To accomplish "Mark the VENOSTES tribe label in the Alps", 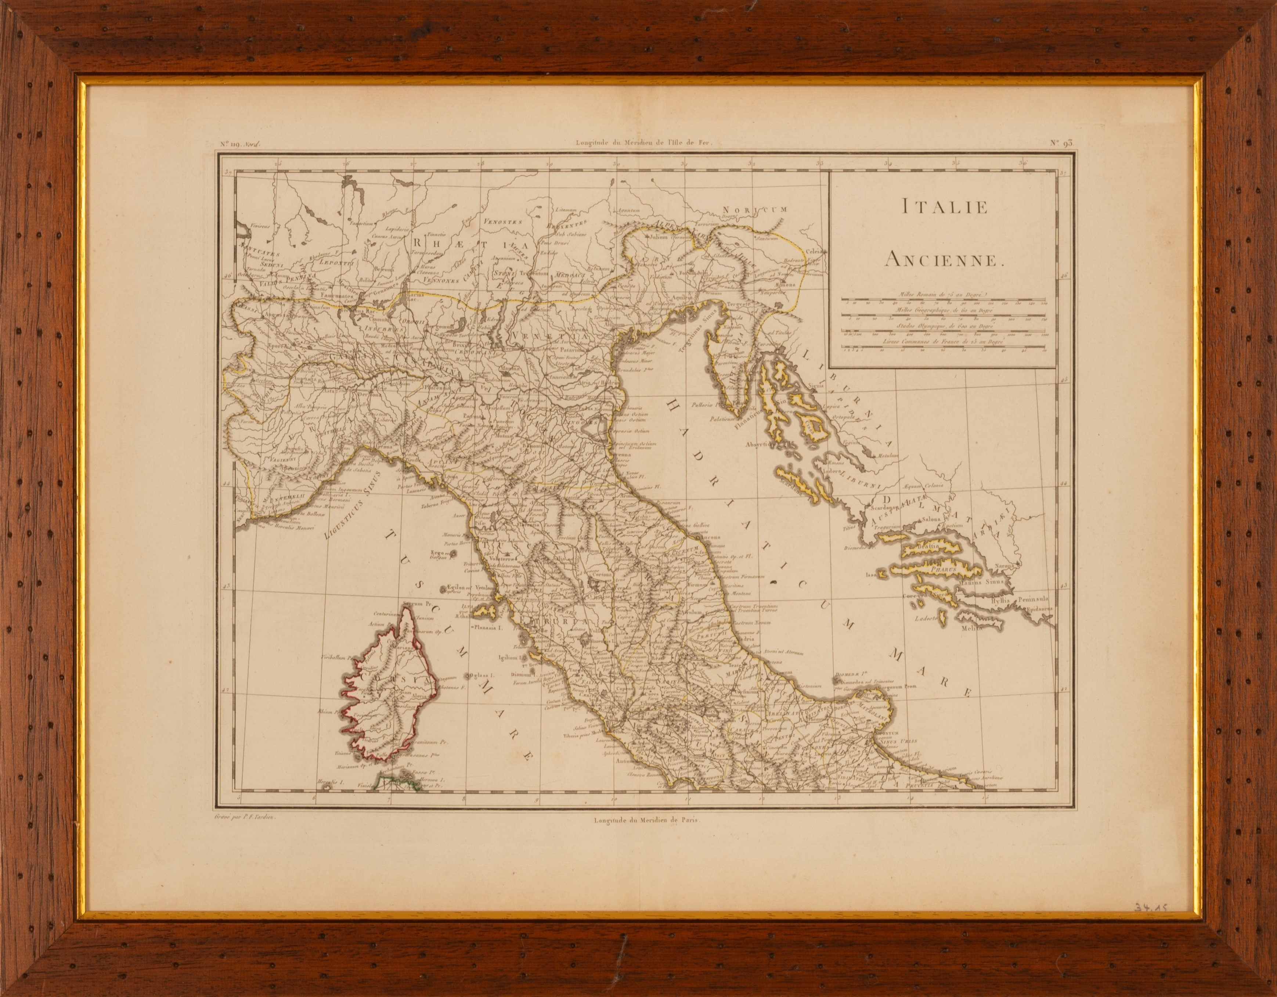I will (x=502, y=221).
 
